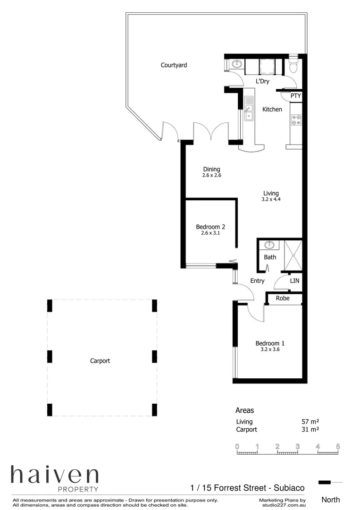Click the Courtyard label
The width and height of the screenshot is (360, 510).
pyautogui.click(x=174, y=65)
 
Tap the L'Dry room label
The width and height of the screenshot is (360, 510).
pyautogui.click(x=262, y=81)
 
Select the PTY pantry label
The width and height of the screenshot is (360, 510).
pyautogui.click(x=295, y=96)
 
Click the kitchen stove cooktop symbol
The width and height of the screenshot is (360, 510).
pyautogui.click(x=296, y=120)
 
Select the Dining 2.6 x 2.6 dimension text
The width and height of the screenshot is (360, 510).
pyautogui.click(x=211, y=175)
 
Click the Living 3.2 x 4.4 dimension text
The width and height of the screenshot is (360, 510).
pyautogui.click(x=271, y=199)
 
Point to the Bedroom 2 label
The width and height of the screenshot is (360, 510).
pyautogui.click(x=210, y=227)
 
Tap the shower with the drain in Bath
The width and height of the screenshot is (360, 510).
pyautogui.click(x=291, y=255)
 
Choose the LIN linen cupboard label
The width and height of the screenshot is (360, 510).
pyautogui.click(x=294, y=280)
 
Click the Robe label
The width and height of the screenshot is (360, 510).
pyautogui.click(x=283, y=298)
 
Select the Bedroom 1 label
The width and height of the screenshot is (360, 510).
pyautogui.click(x=270, y=343)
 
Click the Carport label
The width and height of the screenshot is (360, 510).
pyautogui.click(x=100, y=361)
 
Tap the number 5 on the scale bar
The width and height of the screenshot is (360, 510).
pyautogui.click(x=338, y=446)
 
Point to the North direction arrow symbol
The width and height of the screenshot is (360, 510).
pyautogui.click(x=330, y=482)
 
